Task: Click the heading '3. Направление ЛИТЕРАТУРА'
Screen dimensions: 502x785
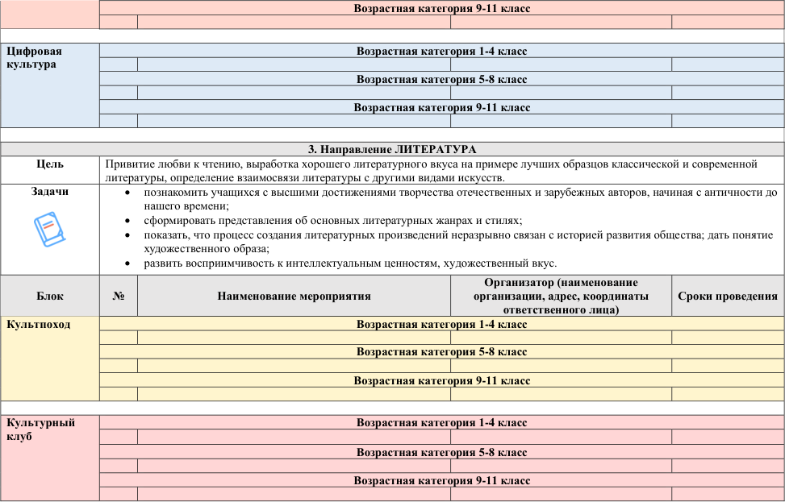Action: pos(392,149)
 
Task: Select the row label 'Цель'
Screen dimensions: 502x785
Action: pos(50,164)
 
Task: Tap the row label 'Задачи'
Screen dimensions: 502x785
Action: pos(50,192)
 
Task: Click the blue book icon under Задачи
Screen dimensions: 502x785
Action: pos(49,230)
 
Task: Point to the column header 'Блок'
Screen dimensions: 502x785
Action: pos(50,296)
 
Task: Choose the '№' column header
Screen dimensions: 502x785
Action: pos(118,296)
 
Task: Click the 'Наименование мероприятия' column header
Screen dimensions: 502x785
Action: pos(294,296)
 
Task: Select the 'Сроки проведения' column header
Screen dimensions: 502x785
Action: pos(727,296)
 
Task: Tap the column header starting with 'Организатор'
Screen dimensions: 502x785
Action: pos(561,296)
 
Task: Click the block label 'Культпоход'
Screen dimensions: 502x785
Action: pos(38,325)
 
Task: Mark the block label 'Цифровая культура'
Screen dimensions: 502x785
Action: pos(34,57)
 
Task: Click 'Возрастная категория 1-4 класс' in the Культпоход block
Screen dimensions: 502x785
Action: pos(441,324)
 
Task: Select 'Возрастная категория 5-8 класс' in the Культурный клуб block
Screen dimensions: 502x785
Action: pos(441,451)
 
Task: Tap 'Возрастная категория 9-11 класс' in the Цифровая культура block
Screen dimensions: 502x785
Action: pos(441,107)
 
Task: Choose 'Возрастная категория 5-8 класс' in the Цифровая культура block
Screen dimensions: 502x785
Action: pos(441,79)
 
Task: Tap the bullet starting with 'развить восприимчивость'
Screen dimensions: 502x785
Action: pos(350,263)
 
